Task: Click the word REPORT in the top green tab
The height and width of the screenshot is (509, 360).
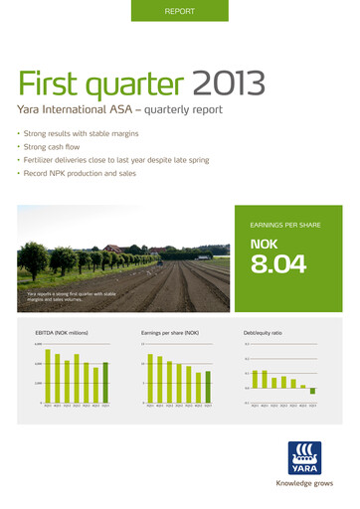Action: coord(179,11)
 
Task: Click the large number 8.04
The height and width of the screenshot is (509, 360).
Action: coord(277,263)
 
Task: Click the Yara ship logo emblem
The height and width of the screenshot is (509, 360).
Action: coord(302,458)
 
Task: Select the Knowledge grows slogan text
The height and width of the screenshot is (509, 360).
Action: coord(302,484)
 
